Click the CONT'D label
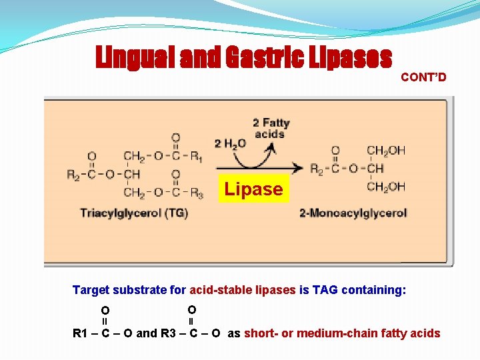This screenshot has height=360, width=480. (423, 77)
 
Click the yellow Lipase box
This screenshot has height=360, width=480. (253, 189)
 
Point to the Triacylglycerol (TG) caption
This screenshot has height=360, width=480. (134, 213)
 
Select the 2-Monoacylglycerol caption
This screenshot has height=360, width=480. (353, 213)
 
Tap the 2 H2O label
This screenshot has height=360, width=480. (230, 143)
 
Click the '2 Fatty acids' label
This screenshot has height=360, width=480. (271, 128)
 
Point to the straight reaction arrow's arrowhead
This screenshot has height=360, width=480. (301, 168)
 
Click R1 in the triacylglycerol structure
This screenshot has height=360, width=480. (196, 157)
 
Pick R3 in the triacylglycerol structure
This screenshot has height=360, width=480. (196, 193)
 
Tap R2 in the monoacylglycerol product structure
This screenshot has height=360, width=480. (317, 169)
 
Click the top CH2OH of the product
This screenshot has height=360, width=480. (386, 151)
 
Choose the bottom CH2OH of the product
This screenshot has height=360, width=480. (386, 187)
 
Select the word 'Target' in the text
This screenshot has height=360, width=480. (91, 290)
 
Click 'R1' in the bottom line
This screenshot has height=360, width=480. (81, 333)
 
